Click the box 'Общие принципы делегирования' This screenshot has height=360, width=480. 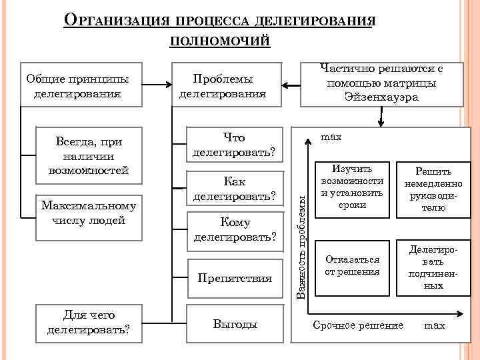coord(77,85)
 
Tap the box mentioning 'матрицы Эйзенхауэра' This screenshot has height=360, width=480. coord(382,83)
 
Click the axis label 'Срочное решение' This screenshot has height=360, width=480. coord(358,325)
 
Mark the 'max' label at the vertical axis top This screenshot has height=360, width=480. coord(331,137)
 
